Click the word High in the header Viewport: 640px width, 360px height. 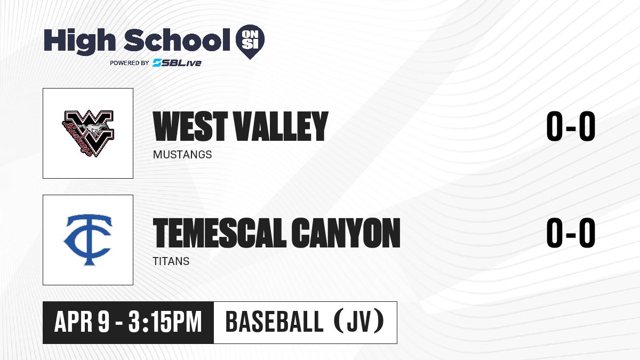79,42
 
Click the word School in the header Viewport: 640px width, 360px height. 177,40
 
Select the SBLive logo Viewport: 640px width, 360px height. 177,62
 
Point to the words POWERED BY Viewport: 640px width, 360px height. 130,63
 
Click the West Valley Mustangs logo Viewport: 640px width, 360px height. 88,133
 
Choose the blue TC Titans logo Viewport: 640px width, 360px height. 88,240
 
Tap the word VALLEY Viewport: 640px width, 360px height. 281,126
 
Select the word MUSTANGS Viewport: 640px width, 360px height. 182,155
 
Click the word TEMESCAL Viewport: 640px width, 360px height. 220,233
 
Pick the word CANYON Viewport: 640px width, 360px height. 346,233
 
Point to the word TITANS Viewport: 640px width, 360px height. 171,261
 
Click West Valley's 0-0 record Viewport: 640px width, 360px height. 571,126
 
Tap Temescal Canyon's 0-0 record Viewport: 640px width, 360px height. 571,233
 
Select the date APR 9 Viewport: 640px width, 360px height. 82,322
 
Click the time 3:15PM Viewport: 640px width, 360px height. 165,322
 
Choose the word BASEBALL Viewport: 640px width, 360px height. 274,322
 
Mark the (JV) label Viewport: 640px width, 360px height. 359,322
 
